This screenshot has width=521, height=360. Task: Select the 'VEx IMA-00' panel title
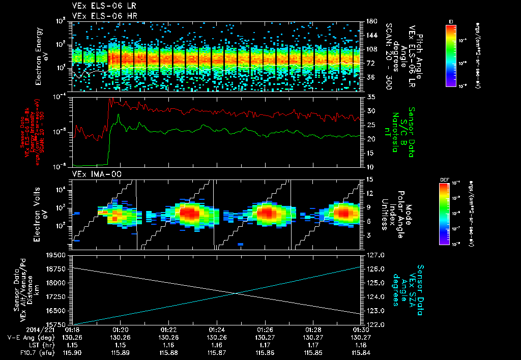click(x=92, y=174)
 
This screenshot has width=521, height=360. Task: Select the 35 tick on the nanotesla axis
click(x=370, y=97)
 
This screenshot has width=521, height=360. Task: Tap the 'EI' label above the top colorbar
click(x=451, y=21)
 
